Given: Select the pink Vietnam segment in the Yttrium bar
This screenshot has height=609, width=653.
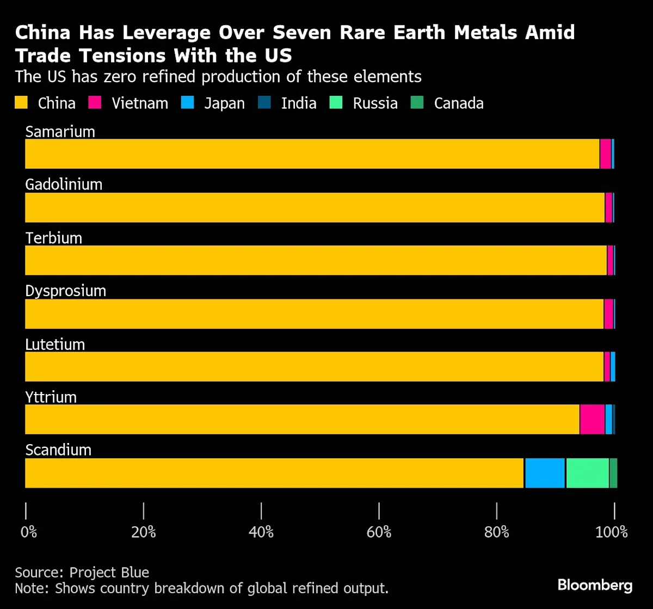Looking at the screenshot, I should coord(592,420).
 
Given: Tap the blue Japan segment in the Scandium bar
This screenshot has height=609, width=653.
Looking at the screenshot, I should coord(545,473).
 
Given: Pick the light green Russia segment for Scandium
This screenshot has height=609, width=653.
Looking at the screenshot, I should coord(587,473).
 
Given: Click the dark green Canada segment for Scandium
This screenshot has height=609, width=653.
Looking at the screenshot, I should coord(613,473).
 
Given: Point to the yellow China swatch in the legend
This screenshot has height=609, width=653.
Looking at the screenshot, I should coord(21,103).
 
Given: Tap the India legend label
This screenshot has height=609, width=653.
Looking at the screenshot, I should coord(298,103).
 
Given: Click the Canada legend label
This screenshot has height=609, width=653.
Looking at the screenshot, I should coord(458,103).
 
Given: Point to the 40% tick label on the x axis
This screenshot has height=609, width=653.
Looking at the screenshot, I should coord(261,532).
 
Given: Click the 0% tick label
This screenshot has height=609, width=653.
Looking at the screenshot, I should coord(28,532).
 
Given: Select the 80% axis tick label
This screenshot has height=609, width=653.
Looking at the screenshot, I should coord(496,532).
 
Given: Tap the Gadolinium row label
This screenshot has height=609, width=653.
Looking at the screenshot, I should coord(64,184).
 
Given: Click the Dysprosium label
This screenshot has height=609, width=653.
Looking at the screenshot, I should coord(65,291).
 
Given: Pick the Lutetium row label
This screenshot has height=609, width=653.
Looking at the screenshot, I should coord(55,345).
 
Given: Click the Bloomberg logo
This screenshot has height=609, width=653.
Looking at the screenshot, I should coord(595,585).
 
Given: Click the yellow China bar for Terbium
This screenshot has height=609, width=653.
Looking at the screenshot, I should coord(316,260).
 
